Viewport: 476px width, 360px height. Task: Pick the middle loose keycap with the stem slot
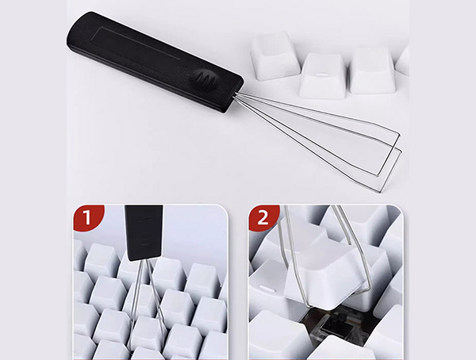[x=322, y=75]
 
